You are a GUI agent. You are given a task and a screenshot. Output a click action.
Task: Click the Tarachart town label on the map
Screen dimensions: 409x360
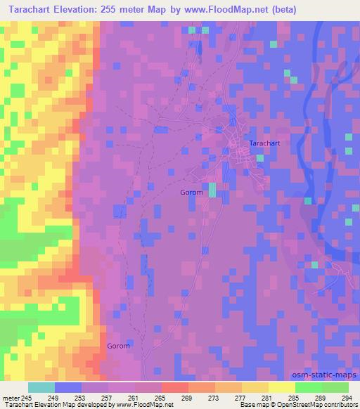[x=264, y=143]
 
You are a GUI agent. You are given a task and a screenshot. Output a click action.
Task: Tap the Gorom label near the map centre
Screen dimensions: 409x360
[x=191, y=192]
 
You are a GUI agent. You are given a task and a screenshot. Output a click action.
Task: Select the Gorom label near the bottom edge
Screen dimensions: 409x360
[x=118, y=346]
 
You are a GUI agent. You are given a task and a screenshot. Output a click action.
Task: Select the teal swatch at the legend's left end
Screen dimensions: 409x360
[x=41, y=387]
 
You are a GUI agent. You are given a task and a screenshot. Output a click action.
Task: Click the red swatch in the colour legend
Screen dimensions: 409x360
[x=174, y=387]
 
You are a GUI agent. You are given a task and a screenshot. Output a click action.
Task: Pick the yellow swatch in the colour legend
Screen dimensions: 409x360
[x=281, y=387]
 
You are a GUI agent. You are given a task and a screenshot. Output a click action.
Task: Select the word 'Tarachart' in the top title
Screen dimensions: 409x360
[x=27, y=10]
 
